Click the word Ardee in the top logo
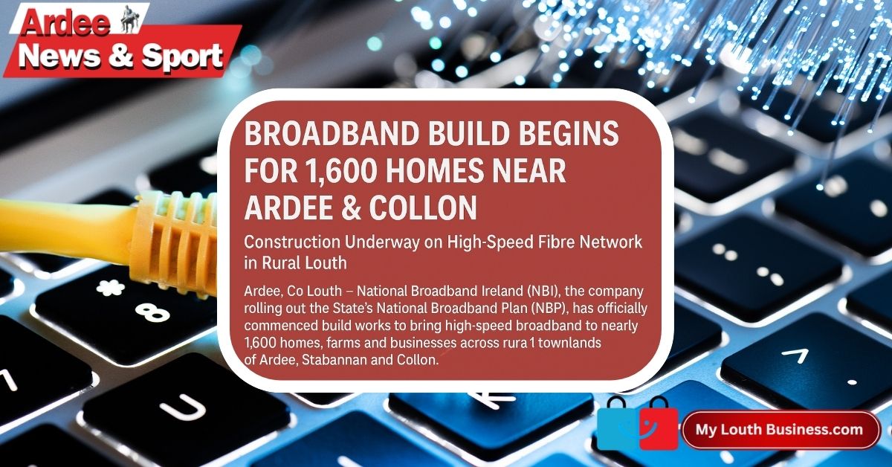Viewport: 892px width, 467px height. click(63, 24)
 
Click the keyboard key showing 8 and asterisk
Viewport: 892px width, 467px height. click(141, 304)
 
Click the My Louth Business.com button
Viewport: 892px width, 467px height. click(780, 429)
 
